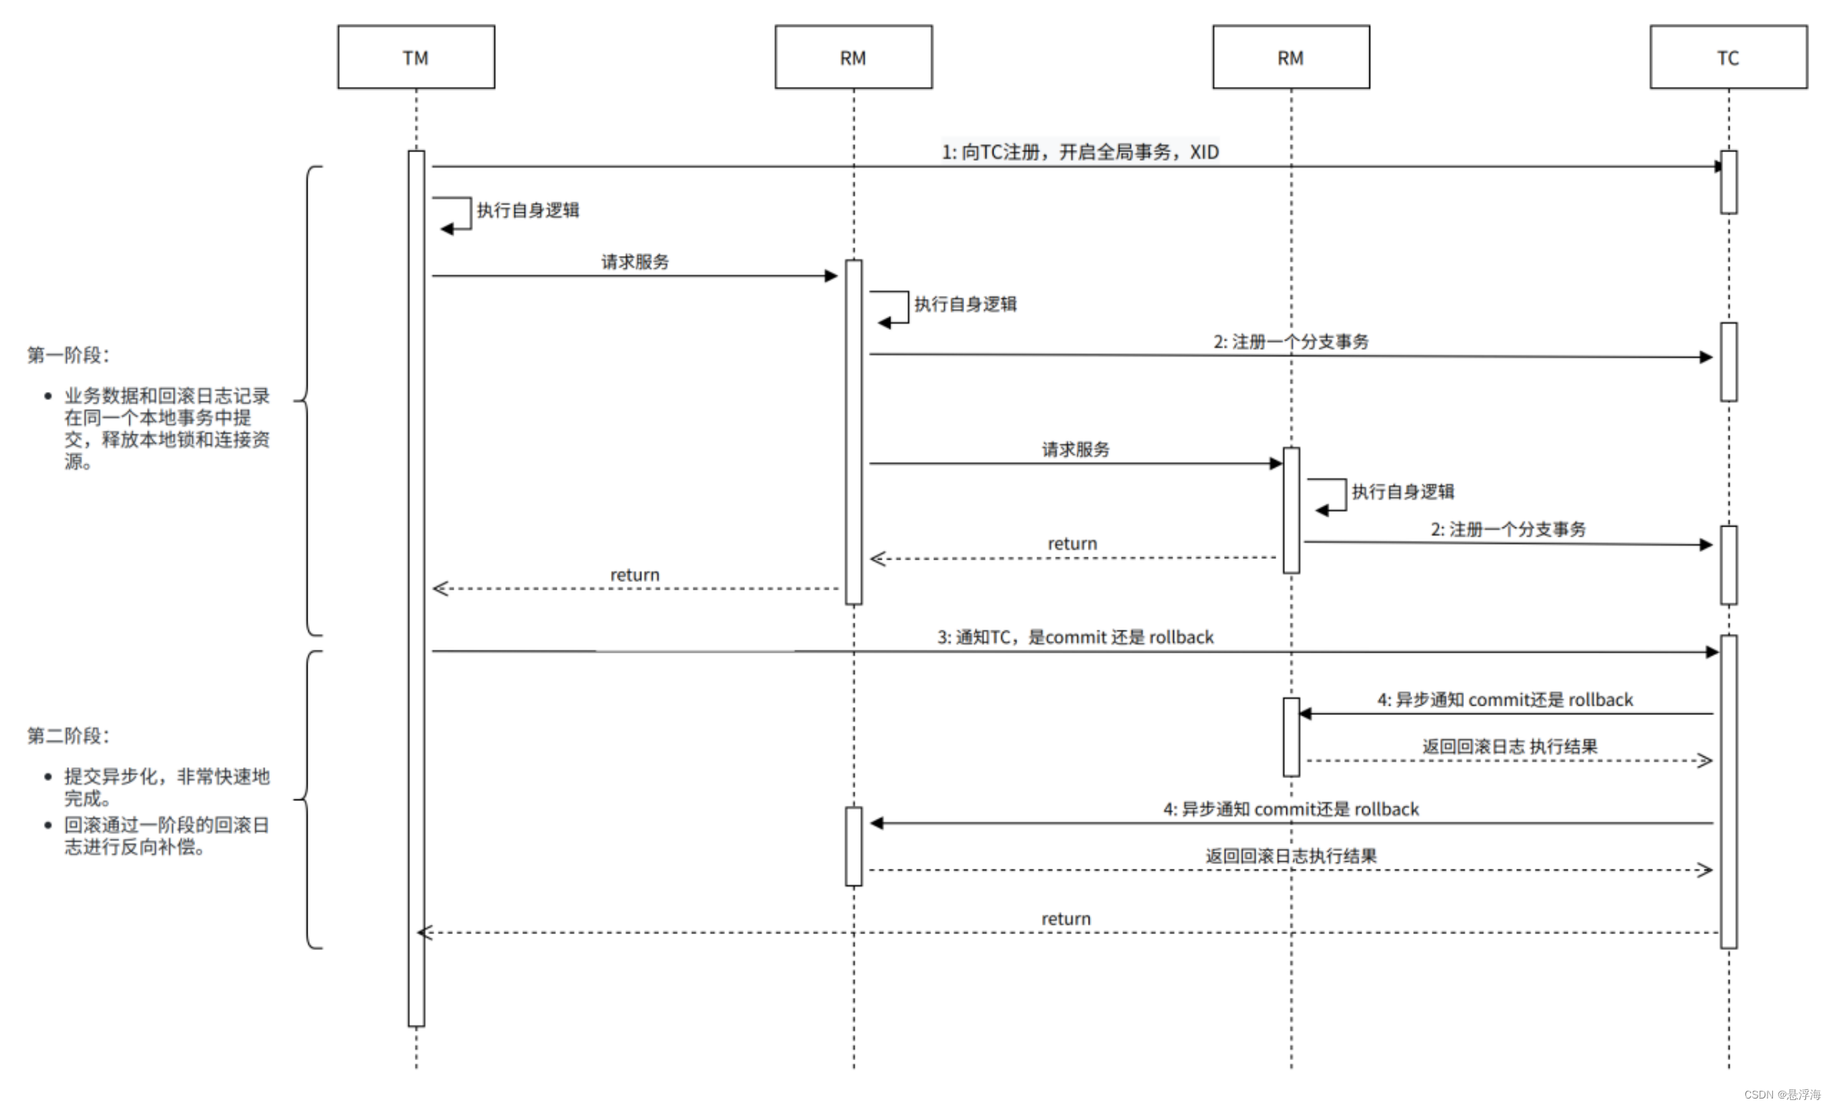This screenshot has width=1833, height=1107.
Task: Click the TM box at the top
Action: [x=416, y=58]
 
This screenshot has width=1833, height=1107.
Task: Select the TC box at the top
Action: [x=1728, y=58]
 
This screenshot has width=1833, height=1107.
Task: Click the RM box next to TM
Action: [x=853, y=58]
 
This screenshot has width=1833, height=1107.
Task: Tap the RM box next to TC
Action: [x=1290, y=58]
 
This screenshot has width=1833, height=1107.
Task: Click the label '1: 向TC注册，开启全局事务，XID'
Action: [x=1080, y=151]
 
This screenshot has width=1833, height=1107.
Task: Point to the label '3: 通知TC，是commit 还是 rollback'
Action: [x=1074, y=637]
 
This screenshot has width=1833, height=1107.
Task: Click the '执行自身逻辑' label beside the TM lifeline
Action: [x=527, y=210]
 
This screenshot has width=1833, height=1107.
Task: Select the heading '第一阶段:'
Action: [x=68, y=354]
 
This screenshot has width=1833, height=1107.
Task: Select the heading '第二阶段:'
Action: [x=68, y=736]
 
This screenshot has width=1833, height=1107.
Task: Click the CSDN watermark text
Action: [x=1781, y=1094]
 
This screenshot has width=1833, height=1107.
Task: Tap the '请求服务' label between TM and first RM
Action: [x=634, y=261]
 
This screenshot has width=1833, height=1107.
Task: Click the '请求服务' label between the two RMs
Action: [x=1075, y=449]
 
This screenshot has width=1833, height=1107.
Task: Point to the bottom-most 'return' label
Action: [x=1066, y=918]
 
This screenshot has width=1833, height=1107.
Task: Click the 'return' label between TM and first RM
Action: [x=634, y=574]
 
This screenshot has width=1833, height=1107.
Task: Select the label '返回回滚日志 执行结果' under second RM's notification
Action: [x=1509, y=746]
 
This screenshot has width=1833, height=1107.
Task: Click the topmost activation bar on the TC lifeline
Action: [x=1728, y=182]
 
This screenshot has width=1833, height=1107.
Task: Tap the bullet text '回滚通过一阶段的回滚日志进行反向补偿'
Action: [x=165, y=836]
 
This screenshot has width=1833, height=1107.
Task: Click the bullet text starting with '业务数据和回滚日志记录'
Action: [x=165, y=428]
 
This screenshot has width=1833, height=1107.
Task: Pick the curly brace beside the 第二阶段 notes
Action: [x=308, y=799]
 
